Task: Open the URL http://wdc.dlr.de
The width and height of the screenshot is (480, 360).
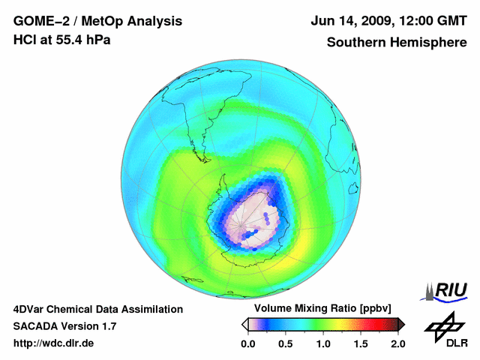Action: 54,343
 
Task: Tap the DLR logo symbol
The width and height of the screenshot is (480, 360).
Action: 440,325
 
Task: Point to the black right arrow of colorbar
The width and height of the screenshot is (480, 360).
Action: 401,324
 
